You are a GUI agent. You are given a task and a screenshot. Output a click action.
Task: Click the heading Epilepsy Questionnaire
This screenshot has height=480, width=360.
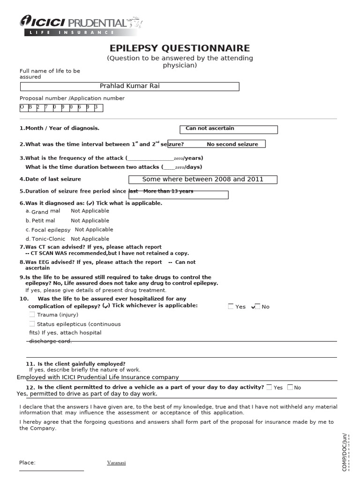point(180,48)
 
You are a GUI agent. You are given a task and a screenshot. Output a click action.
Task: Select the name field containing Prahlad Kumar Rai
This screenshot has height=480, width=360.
point(129,86)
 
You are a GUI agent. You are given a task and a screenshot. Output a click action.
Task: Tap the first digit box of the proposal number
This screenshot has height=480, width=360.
point(22,107)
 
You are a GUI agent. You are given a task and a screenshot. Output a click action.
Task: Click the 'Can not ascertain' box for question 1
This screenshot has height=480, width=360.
point(228,129)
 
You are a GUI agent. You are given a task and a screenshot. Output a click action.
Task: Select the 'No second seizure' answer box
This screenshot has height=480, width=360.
point(216,144)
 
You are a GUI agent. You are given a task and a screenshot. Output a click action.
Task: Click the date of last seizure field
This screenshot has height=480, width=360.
point(202,180)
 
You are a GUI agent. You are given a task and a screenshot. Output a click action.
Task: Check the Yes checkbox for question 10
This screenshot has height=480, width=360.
point(231,307)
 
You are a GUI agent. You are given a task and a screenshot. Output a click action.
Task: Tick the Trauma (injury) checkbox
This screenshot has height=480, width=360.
point(32,315)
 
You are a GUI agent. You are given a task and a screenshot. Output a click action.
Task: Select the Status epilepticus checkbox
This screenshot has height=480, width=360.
point(32,324)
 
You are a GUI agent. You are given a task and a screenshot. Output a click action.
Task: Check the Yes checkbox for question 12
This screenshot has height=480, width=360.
point(269,387)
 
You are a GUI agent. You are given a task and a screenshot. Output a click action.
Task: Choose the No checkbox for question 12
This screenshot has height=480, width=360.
point(290,387)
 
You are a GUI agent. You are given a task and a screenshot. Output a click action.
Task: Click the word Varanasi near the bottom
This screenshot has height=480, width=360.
point(116,463)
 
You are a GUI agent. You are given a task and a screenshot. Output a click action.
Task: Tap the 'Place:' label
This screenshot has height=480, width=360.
point(27,463)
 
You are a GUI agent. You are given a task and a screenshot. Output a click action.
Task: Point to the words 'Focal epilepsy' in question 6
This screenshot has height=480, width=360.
point(51,230)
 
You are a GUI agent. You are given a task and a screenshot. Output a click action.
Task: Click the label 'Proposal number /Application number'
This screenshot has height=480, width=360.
point(72,98)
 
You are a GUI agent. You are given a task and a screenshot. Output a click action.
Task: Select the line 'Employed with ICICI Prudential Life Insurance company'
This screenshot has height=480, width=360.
point(98,377)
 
